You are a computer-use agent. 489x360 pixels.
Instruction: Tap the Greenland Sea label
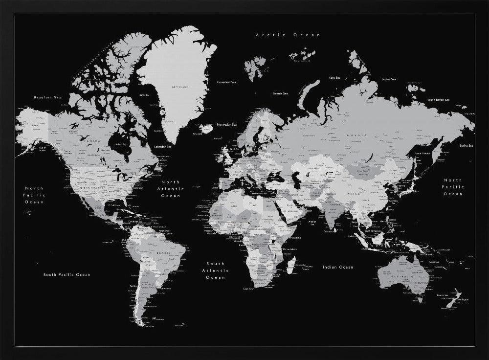coord(227,82)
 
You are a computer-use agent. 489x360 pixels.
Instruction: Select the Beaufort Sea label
coord(47,98)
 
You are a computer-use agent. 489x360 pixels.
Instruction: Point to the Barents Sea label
coord(280,93)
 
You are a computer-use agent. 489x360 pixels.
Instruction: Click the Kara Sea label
coord(334,77)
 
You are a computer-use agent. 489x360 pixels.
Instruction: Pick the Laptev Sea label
coord(389,79)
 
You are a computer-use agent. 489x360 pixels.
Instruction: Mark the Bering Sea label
coord(466,146)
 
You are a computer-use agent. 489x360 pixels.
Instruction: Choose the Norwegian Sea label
coord(227,124)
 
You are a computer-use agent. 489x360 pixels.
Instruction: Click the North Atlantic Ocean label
coord(170,189)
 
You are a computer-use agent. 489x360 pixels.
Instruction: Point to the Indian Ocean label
coord(337,267)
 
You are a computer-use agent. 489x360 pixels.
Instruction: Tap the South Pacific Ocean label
coord(67,274)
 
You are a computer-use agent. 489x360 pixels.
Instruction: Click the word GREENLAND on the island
coord(179,87)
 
